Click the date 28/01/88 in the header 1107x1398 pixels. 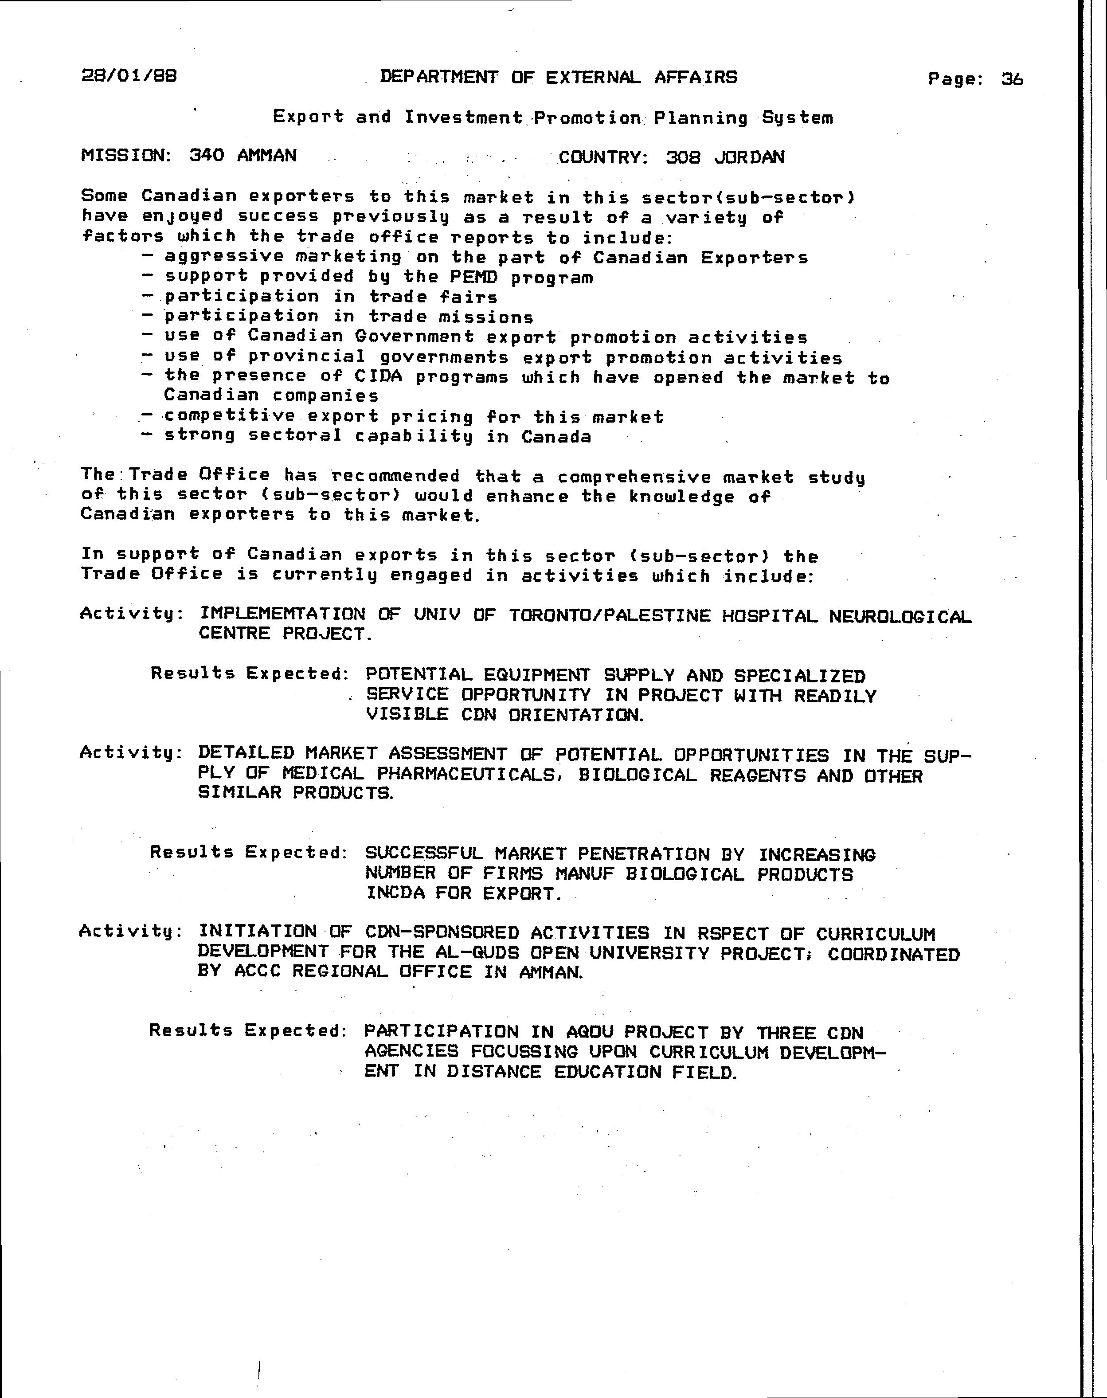click(129, 76)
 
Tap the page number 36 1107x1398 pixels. click(1012, 79)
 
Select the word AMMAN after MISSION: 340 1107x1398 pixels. click(266, 156)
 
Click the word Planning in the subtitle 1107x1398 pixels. click(700, 118)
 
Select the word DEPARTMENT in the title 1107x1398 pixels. click(439, 77)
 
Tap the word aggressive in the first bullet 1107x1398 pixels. click(223, 257)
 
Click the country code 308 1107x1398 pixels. click(683, 157)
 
